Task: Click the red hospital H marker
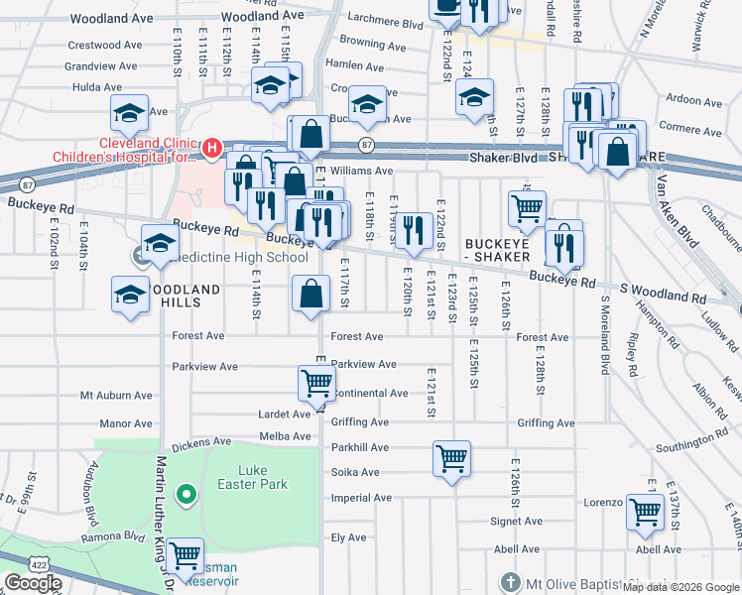click(x=210, y=149)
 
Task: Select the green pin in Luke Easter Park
click(x=185, y=493)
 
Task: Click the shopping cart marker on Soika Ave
click(x=451, y=459)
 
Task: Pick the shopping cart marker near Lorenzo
click(x=645, y=512)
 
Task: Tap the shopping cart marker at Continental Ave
click(x=316, y=383)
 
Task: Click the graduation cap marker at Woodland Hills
click(x=130, y=296)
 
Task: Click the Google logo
click(x=33, y=583)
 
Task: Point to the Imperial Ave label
click(x=355, y=498)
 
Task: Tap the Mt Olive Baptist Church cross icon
click(x=509, y=581)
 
